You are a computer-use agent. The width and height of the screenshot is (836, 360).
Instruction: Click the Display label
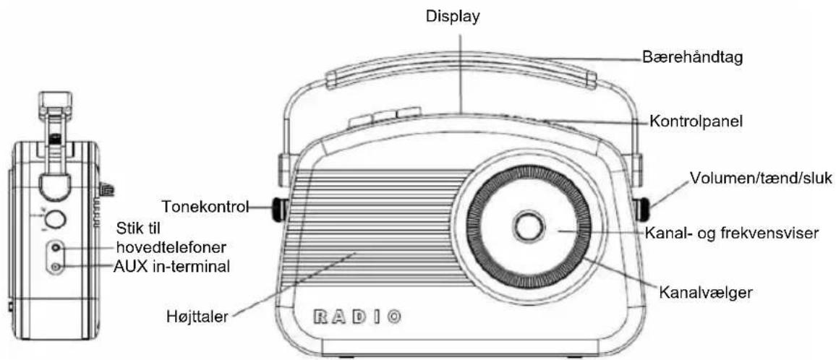coord(453,17)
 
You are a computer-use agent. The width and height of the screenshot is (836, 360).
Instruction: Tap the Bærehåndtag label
coord(691,57)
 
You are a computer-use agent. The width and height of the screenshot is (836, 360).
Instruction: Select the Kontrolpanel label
coord(696,121)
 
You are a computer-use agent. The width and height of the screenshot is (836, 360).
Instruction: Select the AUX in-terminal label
coord(172,265)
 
